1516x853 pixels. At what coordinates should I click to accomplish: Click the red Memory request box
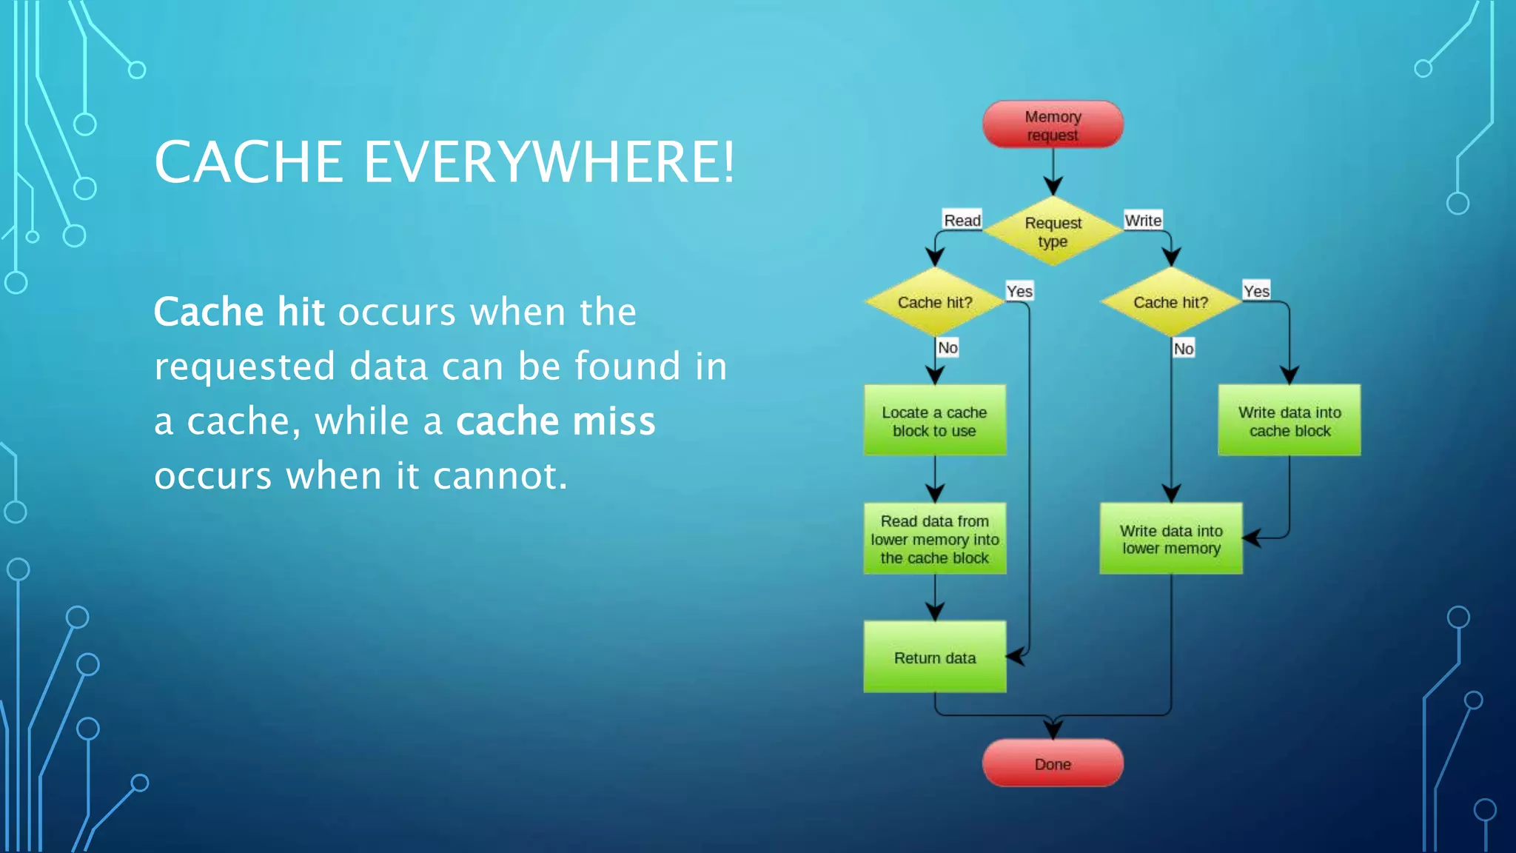[1052, 124]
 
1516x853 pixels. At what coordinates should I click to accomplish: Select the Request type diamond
[1052, 231]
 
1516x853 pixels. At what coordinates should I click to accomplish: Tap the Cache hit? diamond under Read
[934, 302]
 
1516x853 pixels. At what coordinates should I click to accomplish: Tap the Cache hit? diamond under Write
[1170, 302]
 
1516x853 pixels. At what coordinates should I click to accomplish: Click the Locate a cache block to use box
[934, 421]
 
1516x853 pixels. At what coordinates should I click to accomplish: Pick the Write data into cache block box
[1289, 421]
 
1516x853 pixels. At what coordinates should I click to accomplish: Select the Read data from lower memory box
[934, 539]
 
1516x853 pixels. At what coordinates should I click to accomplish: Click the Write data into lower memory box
[1170, 539]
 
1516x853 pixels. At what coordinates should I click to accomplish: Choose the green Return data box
[934, 658]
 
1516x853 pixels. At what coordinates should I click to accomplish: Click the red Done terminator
[1052, 763]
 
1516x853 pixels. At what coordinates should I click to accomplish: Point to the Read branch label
[962, 220]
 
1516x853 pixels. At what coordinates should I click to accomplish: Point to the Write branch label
[1142, 220]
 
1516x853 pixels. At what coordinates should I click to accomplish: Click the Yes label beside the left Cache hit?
[1019, 291]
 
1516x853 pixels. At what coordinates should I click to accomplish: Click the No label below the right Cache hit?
[1183, 348]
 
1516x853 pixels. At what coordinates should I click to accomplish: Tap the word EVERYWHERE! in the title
[549, 162]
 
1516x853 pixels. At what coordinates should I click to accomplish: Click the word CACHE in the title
[249, 162]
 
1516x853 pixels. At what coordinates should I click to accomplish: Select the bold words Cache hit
[238, 312]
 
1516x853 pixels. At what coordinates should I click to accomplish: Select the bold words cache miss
[555, 421]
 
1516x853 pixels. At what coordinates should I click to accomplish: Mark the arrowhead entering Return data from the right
[1015, 656]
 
